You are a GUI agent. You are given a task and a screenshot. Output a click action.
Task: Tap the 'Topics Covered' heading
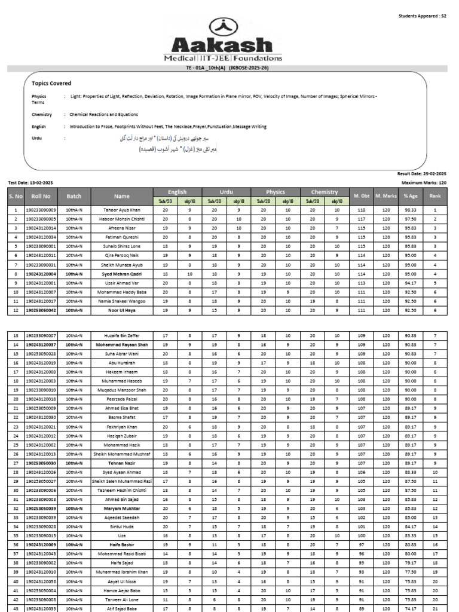51,83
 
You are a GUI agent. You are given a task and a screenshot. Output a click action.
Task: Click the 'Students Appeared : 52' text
423,16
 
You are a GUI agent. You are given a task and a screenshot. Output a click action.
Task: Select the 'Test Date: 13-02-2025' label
30,182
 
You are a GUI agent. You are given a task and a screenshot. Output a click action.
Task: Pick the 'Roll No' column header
41,196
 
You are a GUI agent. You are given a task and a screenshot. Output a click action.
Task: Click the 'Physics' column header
275,192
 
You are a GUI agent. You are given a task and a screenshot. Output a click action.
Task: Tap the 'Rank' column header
435,196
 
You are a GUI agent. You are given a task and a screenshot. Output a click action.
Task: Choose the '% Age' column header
410,196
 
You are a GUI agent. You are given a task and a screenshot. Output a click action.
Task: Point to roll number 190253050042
41,310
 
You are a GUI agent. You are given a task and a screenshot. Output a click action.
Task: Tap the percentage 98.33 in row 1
410,210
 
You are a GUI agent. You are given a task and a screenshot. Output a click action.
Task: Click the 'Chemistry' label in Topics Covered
42,114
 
